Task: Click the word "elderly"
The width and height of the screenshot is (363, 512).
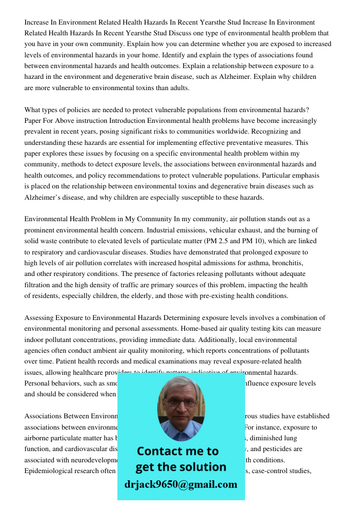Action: (160, 295)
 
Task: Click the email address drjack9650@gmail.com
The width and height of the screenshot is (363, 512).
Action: (180, 484)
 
